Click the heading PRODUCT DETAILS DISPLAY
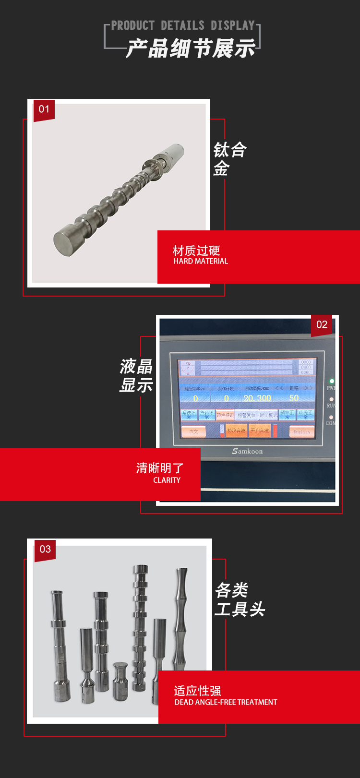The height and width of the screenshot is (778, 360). pos(183,25)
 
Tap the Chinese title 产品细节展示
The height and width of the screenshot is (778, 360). pos(191,49)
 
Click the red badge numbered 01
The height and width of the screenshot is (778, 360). pos(44,109)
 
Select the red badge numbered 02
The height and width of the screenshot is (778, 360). pos(322,325)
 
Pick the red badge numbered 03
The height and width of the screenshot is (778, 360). pos(45,550)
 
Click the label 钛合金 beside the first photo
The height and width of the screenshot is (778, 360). pos(229,159)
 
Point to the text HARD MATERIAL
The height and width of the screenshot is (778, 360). pos(201,262)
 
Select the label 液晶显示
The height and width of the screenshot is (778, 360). pos(136,376)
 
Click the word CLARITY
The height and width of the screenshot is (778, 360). pos(167,480)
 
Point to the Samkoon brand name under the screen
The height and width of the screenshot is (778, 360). pos(247,451)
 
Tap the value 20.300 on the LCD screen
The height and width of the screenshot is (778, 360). pos(257,398)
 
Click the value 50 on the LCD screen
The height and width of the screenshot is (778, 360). pos(294,398)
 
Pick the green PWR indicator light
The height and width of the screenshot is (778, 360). pos(331,381)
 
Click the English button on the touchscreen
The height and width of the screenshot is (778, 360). pos(301,431)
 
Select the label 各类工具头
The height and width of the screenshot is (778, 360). pos(239,600)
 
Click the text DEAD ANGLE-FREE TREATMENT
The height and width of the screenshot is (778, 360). pos(226,703)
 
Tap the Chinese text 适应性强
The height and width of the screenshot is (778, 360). pos(197,691)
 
